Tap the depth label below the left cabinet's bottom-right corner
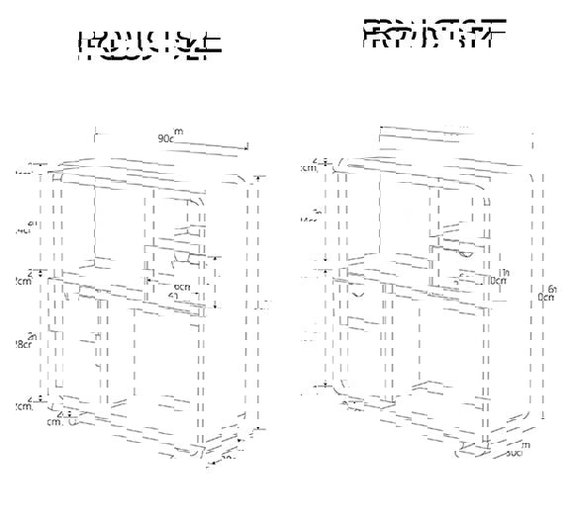point(227,457)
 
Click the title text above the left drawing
point(148,45)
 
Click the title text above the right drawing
point(435,33)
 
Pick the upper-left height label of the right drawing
point(311,216)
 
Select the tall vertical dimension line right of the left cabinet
point(259,306)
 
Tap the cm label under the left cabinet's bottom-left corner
point(56,421)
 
